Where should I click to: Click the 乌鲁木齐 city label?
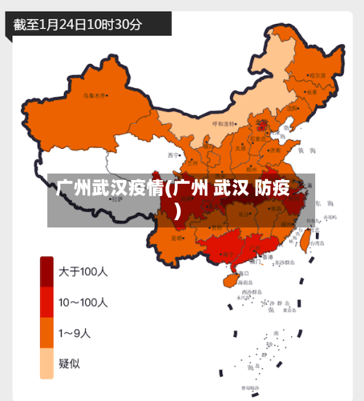tap(94, 95)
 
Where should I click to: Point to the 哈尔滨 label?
tap(317, 75)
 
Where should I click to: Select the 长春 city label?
tap(312, 93)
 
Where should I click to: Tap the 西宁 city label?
tap(173, 155)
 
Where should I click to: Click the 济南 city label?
tap(275, 149)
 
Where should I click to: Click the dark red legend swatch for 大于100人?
tap(47, 270)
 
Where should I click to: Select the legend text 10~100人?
tap(84, 302)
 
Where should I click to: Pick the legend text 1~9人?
tap(75, 333)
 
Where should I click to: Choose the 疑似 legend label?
tap(71, 364)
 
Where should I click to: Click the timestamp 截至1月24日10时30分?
tap(78, 24)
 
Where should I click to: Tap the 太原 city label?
tap(240, 147)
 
